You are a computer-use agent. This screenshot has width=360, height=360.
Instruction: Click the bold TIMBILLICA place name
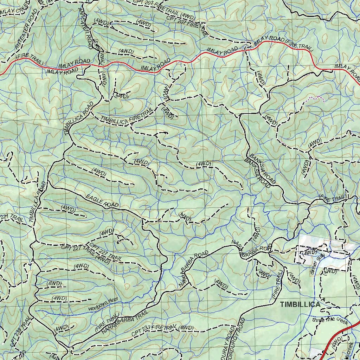300,304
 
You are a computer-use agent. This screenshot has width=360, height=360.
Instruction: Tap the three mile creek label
330,321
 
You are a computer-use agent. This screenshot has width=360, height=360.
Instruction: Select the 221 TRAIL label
12,218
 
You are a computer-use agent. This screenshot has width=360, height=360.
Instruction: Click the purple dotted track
315,98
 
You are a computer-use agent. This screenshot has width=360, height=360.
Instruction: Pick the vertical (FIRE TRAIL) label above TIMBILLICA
278,284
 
